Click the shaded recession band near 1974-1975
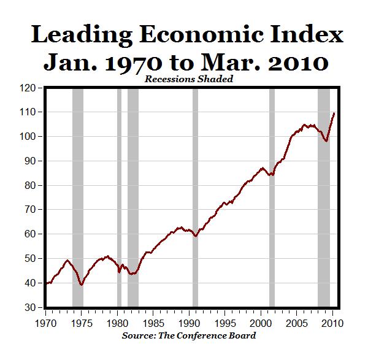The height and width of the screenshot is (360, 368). (77, 196)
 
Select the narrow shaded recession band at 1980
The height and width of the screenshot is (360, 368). (119, 196)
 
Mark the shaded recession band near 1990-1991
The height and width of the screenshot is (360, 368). (195, 196)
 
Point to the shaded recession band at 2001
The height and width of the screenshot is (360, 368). (272, 196)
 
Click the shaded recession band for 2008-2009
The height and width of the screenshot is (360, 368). (323, 196)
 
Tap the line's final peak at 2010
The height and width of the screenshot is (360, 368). (334, 113)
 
